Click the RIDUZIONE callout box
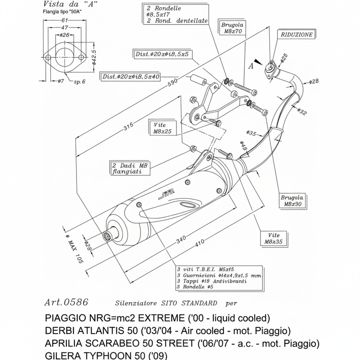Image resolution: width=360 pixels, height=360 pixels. (296, 35)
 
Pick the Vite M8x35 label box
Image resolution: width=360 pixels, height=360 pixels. (273, 238)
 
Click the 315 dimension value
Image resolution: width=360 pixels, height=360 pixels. (129, 128)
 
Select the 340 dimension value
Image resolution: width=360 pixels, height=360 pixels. (181, 240)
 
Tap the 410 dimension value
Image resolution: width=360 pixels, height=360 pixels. (199, 243)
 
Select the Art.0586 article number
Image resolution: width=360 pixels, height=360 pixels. (66, 302)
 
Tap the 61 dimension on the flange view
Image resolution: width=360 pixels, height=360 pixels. (64, 20)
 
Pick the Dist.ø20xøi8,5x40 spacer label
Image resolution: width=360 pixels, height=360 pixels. (131, 77)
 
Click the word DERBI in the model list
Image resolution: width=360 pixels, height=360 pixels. (57, 331)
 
